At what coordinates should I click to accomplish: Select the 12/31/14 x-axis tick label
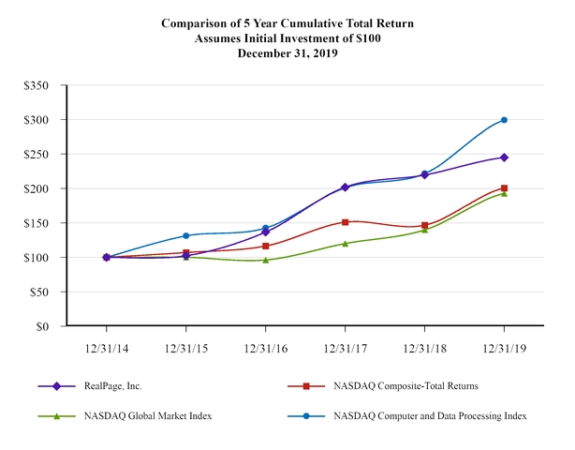coord(107,347)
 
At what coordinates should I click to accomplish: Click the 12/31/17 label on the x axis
coord(346,347)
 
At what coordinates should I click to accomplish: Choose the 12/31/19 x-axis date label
coord(505,347)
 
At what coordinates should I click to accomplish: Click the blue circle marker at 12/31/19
coord(505,120)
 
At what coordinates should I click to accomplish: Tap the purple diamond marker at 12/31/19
coord(505,157)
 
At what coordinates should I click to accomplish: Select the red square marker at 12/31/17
coord(346,222)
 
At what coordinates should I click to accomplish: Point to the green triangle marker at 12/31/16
coord(266,260)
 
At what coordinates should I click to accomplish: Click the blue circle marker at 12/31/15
coord(186,235)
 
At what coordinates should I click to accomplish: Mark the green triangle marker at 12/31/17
coord(346,243)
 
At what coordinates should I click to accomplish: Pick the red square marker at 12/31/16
coord(266,247)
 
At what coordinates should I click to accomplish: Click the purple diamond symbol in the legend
coord(57,385)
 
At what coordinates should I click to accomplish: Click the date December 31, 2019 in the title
coord(287,53)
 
